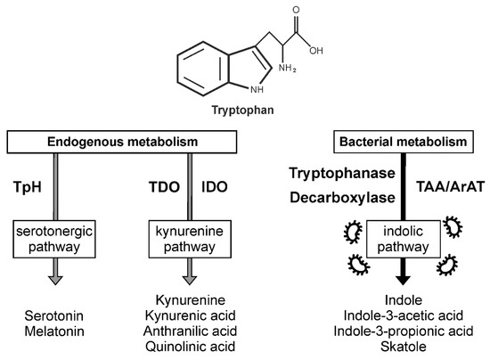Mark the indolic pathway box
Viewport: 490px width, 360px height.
pyautogui.click(x=401, y=241)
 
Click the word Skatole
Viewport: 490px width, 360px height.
pyautogui.click(x=401, y=348)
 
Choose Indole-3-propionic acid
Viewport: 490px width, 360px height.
pyautogui.click(x=401, y=332)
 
